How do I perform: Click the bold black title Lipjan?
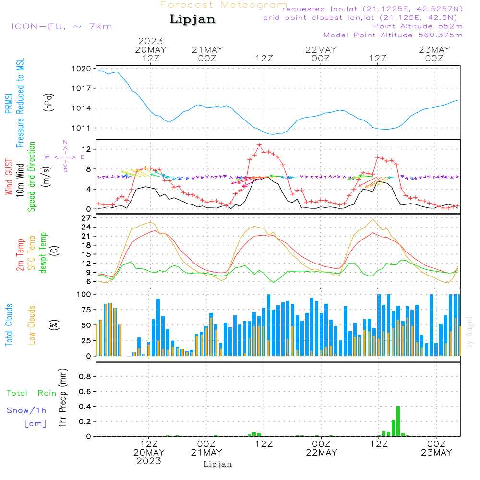(x=192, y=20)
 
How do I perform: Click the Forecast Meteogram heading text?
(x=224, y=5)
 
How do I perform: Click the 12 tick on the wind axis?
(x=87, y=150)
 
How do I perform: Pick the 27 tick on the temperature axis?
(x=86, y=218)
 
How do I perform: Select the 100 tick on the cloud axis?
(x=84, y=294)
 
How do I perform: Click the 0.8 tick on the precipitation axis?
(x=85, y=377)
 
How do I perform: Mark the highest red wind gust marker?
(x=259, y=145)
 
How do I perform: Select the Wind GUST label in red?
(x=9, y=178)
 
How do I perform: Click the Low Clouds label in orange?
(x=32, y=325)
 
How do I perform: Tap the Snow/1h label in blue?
(x=26, y=410)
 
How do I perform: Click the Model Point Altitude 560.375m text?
(x=393, y=35)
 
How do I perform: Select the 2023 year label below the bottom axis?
(x=149, y=461)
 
